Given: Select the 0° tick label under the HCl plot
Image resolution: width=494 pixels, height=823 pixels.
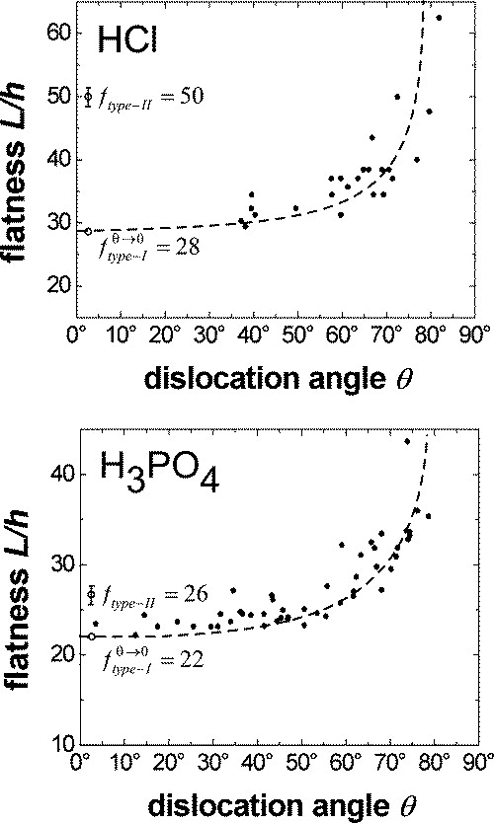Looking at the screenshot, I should (80, 334).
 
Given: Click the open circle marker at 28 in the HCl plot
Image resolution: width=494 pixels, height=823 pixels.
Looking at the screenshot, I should (87, 232).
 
